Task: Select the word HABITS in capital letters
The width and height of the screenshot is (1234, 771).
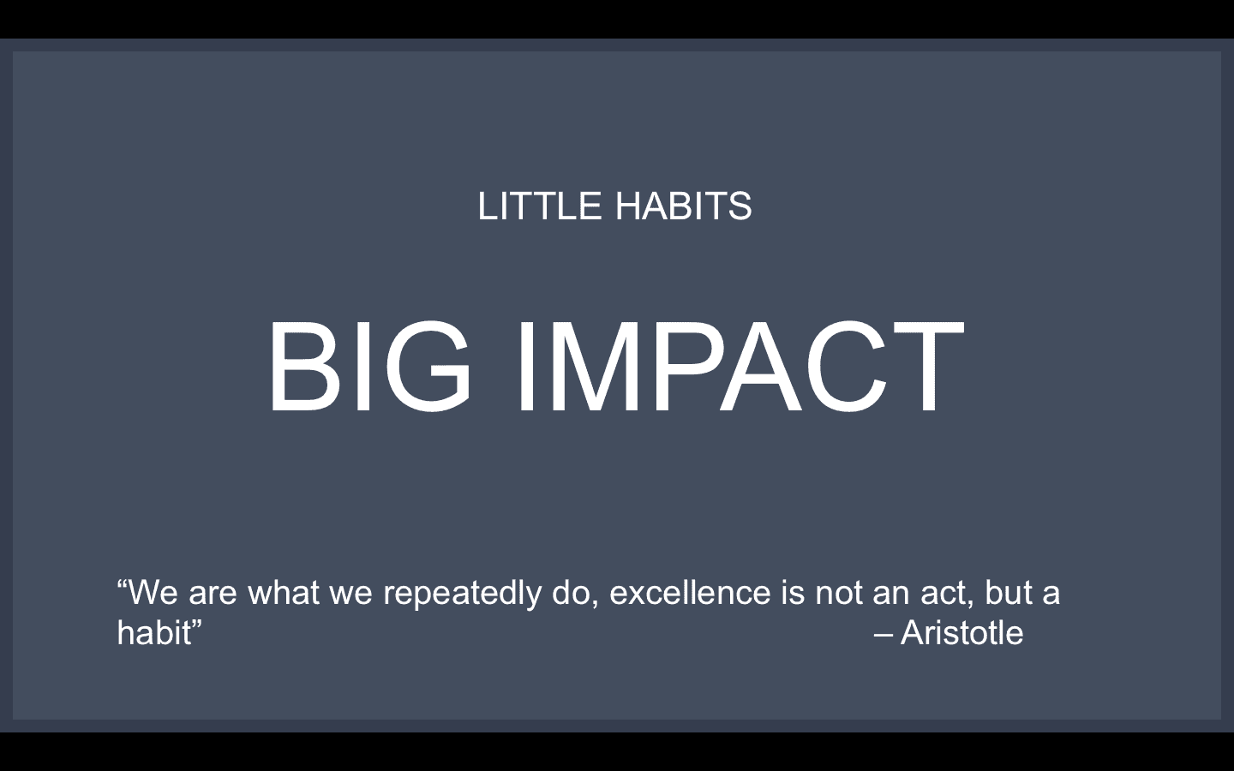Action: [x=684, y=206]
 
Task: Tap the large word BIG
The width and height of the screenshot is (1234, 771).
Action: [x=369, y=367]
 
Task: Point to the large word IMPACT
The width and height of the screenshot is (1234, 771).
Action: [x=740, y=367]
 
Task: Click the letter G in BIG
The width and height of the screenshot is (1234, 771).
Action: [x=428, y=367]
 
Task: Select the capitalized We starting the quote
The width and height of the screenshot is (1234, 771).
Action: [x=154, y=593]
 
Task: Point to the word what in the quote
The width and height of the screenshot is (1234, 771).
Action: [x=283, y=593]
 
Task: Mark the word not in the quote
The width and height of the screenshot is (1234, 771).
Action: [x=839, y=594]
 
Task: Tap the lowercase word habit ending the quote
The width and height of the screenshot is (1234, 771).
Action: [x=153, y=633]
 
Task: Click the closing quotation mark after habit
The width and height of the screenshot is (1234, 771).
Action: [x=197, y=625]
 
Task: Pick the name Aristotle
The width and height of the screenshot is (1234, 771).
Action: [x=961, y=633]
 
